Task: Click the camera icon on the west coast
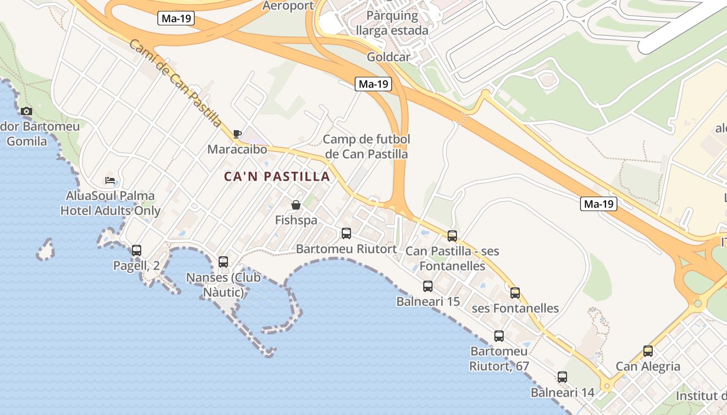tap(26, 112)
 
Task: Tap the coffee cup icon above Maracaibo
tap(237, 134)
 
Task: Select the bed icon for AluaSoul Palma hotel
tap(110, 181)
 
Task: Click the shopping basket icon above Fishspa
tap(296, 205)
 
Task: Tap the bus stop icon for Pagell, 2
tap(137, 251)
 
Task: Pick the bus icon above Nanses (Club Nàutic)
tap(223, 262)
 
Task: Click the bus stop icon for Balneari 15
tap(428, 286)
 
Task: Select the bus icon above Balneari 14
tap(562, 377)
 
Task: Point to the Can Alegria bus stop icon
tap(648, 351)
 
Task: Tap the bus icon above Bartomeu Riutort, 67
tap(499, 336)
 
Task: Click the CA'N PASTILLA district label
tap(277, 176)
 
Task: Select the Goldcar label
tap(388, 57)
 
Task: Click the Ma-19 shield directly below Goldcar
tap(373, 84)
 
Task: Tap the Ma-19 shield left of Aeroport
tap(176, 19)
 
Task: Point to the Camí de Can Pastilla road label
tap(176, 83)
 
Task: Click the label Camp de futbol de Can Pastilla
tap(366, 146)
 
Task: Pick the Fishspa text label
tap(296, 220)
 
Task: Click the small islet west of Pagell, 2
tap(46, 250)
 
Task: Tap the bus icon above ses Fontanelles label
tap(515, 293)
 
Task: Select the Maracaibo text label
tap(237, 149)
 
